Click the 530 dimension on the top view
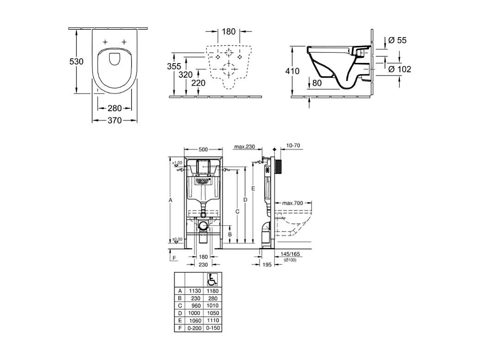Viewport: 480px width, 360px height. pos(76,61)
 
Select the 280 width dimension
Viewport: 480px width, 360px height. pos(114,108)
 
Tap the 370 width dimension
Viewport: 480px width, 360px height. pos(114,120)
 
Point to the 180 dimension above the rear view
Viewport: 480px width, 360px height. pos(229,32)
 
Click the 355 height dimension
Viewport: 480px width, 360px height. pos(174,66)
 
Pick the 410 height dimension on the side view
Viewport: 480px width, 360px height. pos(293,71)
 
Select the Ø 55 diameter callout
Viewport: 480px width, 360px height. pos(397,40)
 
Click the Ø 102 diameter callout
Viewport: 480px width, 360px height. pos(399,69)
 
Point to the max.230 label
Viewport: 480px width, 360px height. pos(244,147)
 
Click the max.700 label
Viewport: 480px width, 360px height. pos(292,203)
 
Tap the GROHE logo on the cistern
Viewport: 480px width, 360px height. pos(203,179)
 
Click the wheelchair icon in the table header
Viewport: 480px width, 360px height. pos(211,279)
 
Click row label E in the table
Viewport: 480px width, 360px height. pos(179,320)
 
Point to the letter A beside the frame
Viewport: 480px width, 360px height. pos(170,200)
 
